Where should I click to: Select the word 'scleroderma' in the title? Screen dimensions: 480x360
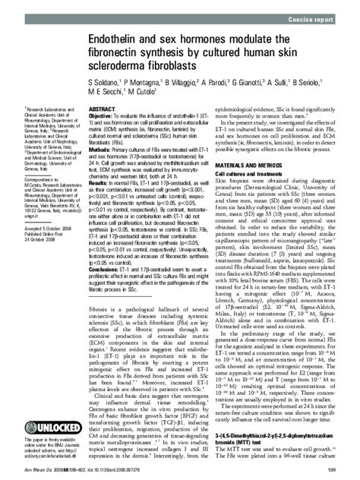124,64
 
